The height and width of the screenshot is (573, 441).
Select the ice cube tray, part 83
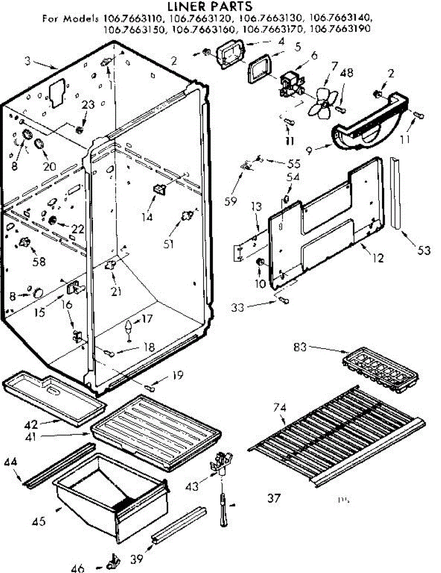click(x=380, y=368)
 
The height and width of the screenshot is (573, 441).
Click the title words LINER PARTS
click(x=209, y=7)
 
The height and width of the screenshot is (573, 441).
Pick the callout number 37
click(x=273, y=499)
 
